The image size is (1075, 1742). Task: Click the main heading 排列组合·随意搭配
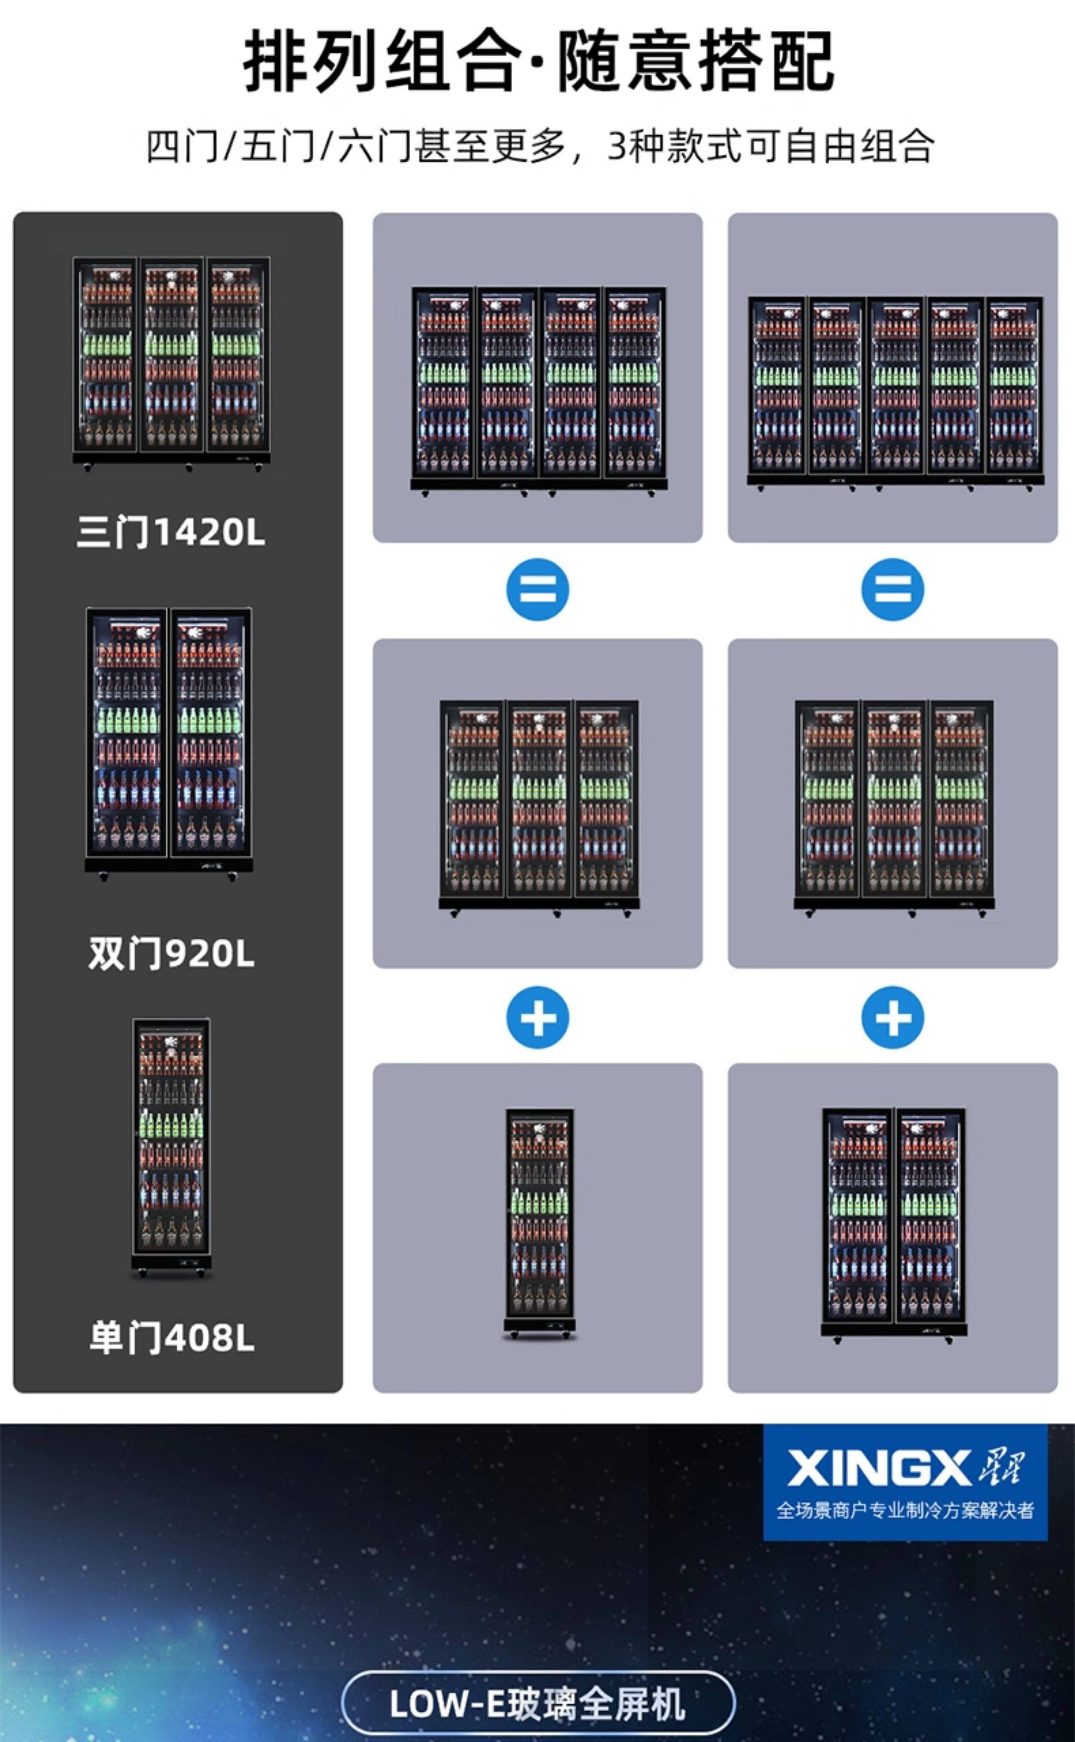537,62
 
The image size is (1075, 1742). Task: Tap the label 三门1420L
171,532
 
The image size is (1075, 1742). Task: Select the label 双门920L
171,953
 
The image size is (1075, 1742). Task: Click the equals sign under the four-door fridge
537,589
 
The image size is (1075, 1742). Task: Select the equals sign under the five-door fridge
892,589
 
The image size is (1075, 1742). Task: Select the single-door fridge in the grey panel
539,1222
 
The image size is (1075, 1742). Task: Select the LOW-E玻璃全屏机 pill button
537,1703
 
